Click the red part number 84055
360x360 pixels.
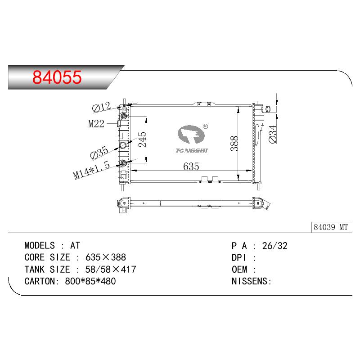pos(57,77)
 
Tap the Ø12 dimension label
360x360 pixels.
pos(101,107)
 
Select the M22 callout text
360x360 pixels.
pos(96,124)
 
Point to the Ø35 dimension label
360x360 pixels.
pos(99,153)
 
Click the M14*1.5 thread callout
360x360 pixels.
pos(91,170)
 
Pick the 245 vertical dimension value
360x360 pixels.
pos(142,139)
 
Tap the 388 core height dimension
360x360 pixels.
pos(234,144)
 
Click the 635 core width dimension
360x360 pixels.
pos(191,166)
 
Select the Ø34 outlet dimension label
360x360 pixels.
pos(273,134)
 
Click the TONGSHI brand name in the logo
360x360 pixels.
pos(192,151)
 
